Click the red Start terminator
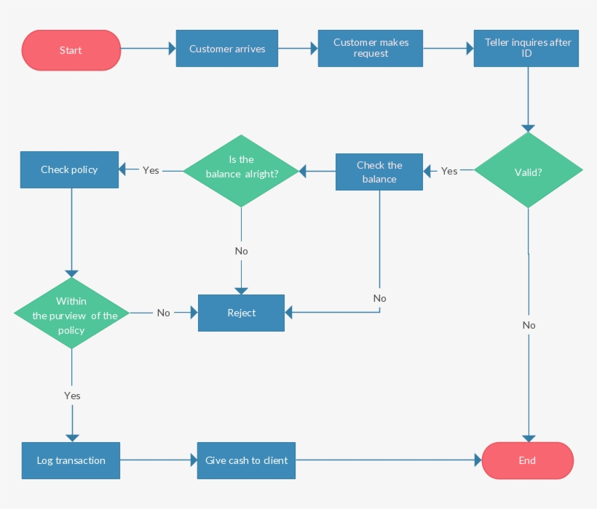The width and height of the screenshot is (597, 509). click(x=71, y=50)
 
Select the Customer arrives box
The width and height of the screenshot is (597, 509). click(x=227, y=49)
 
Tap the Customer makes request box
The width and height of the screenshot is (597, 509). click(x=371, y=49)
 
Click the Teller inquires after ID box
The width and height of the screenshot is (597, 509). click(x=526, y=49)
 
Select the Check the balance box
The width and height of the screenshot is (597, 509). click(x=379, y=172)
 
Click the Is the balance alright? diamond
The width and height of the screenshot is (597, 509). click(x=241, y=170)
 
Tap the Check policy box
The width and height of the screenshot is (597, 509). click(x=69, y=169)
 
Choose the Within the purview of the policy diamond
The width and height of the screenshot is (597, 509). click(x=71, y=313)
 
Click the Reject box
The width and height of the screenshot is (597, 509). click(x=242, y=313)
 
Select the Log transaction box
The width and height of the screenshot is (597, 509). click(x=71, y=460)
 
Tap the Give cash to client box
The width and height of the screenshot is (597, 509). click(x=246, y=460)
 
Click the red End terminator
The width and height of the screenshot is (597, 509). click(x=528, y=460)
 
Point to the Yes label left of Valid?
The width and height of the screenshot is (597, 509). click(x=449, y=171)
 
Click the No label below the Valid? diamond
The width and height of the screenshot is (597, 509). click(x=529, y=325)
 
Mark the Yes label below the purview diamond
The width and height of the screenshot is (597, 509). click(x=72, y=396)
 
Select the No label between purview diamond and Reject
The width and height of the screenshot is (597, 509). click(x=163, y=313)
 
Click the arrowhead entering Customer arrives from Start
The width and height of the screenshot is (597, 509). click(x=173, y=49)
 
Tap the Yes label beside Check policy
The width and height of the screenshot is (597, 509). click(x=151, y=170)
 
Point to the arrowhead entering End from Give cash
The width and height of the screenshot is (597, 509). click(x=478, y=460)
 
